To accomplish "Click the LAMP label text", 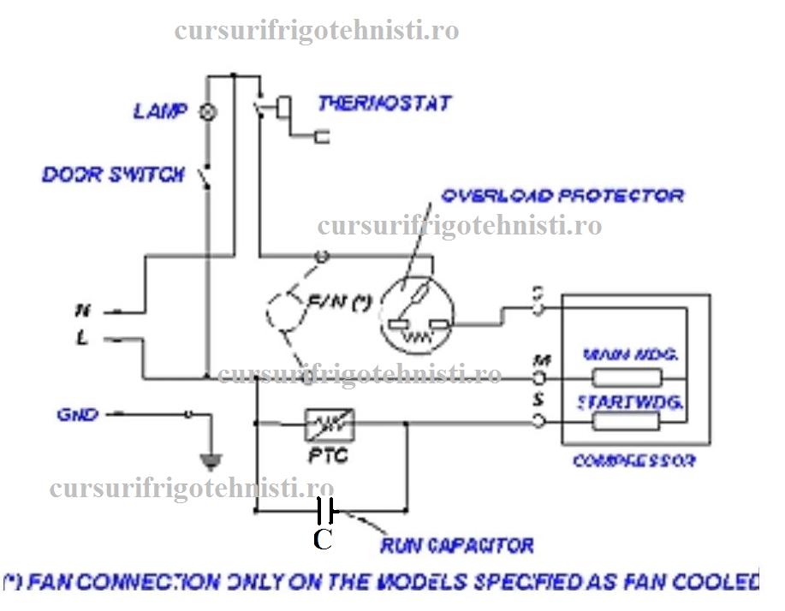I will [160, 111].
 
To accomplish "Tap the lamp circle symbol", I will [206, 112].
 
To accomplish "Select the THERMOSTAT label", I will [384, 104].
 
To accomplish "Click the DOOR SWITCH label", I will [113, 175].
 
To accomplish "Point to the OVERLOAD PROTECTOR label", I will [562, 196].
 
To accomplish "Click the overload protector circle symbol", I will [416, 314].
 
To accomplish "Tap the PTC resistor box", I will [330, 424].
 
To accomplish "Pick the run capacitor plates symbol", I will [324, 511].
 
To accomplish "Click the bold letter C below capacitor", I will [322, 540].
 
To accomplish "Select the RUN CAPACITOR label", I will [457, 545].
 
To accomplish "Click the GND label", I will [77, 415].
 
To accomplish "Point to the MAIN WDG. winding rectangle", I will [628, 377].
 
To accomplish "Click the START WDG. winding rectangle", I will [628, 420].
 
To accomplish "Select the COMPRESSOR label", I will [633, 461].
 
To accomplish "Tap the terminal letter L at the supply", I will [82, 339].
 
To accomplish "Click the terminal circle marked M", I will [540, 377].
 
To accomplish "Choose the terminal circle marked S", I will [540, 419].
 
